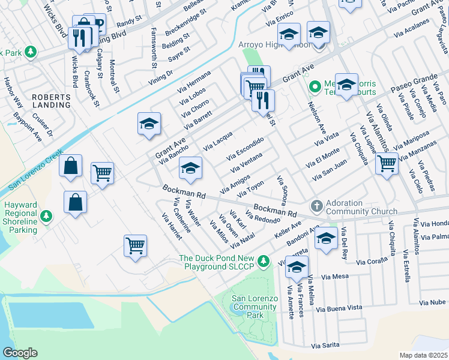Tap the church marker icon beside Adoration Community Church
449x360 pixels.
(x=316, y=206)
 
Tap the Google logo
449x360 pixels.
(x=20, y=352)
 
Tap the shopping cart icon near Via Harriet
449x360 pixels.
(x=136, y=245)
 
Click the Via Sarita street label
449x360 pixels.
(x=326, y=346)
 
